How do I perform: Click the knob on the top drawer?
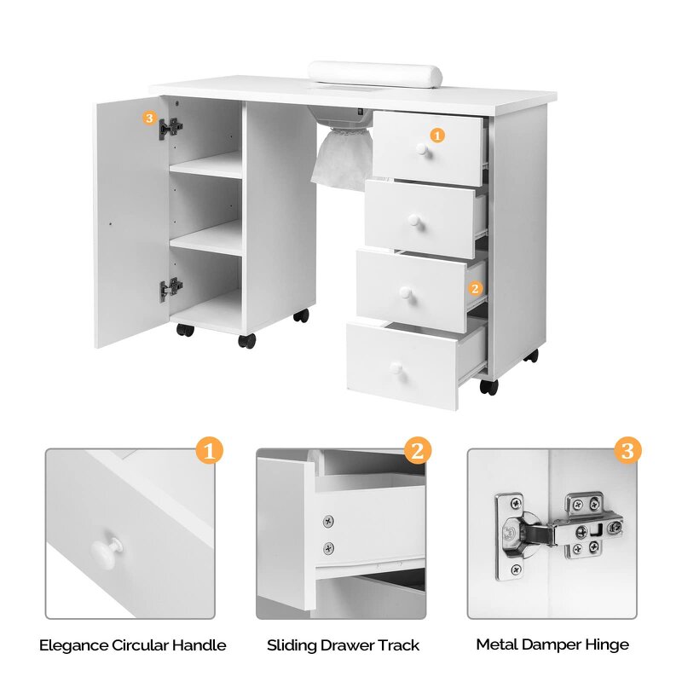pos(420,150)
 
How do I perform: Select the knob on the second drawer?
pos(413,221)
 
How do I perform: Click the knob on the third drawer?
pos(403,292)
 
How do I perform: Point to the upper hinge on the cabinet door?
pos(171,128)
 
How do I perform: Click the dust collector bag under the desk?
pos(340,159)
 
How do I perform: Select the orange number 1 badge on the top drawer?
pos(436,135)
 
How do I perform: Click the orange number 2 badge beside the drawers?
pos(475,288)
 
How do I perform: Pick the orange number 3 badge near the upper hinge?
pos(150,118)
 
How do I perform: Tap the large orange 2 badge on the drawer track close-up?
pos(417,450)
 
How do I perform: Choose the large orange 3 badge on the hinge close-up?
pos(627,450)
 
